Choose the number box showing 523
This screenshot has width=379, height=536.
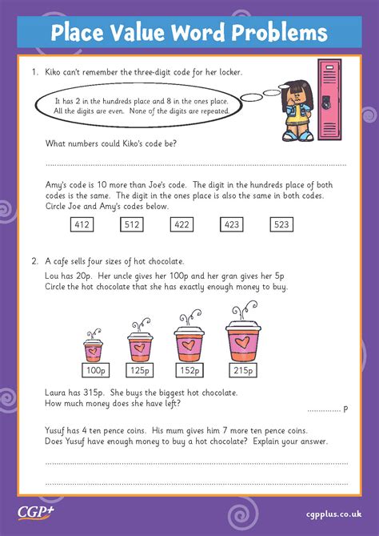click(282, 226)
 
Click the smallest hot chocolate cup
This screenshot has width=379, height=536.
click(94, 349)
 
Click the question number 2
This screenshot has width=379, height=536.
click(34, 260)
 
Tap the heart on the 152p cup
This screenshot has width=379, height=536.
click(189, 344)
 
